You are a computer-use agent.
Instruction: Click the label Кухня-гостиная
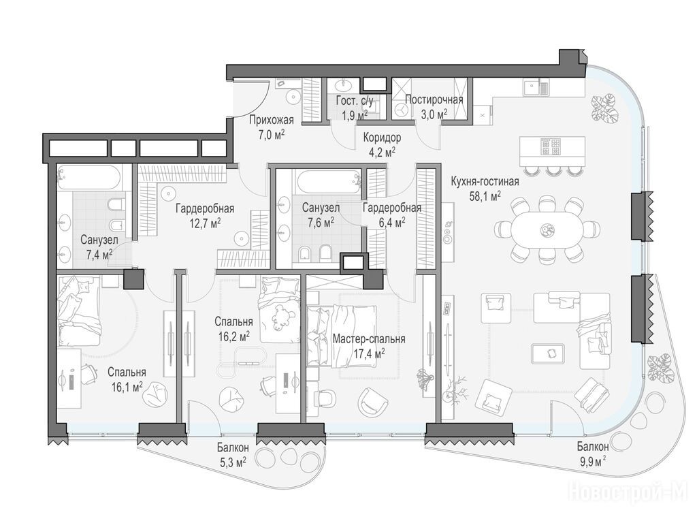[x=485, y=182]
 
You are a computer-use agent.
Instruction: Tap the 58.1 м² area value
[x=485, y=195]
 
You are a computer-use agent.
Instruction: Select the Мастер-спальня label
[x=369, y=339]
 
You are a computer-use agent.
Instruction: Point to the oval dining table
[x=546, y=230]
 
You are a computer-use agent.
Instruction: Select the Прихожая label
[x=271, y=120]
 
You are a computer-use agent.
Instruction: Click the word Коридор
[x=382, y=138]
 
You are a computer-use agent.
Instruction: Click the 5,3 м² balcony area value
[x=233, y=463]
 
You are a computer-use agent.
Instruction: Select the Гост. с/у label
[x=355, y=101]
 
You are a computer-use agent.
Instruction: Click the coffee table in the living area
[x=548, y=353]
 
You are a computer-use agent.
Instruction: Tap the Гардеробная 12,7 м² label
[x=205, y=215]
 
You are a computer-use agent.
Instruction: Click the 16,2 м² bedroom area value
[x=233, y=336]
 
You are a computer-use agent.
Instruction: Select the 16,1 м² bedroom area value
[x=127, y=387]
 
